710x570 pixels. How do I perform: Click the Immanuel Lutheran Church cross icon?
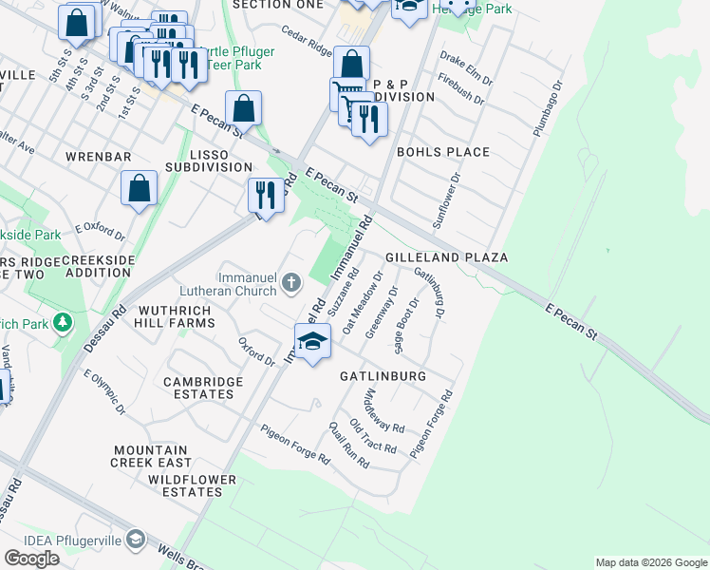coord(291,281)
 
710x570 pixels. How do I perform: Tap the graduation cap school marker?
coord(311,342)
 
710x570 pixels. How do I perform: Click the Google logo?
coord(31,559)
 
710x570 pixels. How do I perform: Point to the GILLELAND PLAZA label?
coord(446,257)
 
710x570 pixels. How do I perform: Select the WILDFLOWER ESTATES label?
coord(192,486)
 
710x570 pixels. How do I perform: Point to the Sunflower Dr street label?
coord(446,200)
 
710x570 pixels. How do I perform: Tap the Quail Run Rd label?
coord(349,446)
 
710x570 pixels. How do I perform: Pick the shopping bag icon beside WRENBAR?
coord(139,188)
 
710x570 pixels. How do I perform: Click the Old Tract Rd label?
coord(371,434)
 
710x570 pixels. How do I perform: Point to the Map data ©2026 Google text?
coord(651,562)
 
